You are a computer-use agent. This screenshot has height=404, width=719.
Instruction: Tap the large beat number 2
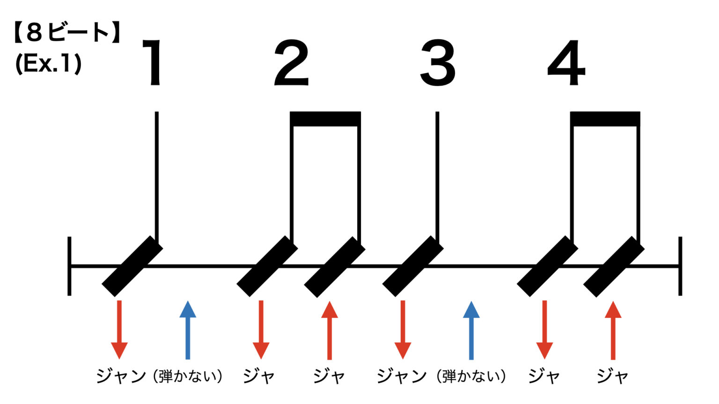click(x=292, y=63)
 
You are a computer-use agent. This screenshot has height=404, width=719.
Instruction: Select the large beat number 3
click(x=438, y=63)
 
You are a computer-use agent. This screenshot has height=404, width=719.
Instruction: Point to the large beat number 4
click(x=566, y=63)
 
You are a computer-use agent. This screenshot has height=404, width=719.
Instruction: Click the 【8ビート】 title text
click(x=67, y=32)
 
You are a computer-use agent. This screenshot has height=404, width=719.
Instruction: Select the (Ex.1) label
click(x=48, y=64)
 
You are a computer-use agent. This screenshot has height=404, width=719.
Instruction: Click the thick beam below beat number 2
click(x=325, y=119)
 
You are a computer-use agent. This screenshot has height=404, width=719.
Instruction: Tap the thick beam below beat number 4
click(x=605, y=119)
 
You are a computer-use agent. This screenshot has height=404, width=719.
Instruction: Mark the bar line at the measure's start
click(x=69, y=266)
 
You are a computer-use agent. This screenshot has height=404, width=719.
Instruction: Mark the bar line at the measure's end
click(x=680, y=266)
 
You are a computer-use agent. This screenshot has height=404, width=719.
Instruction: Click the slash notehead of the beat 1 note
click(x=132, y=266)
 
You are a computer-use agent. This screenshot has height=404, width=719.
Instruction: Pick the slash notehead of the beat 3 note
click(x=413, y=266)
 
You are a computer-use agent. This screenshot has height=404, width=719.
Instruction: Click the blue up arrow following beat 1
click(x=188, y=330)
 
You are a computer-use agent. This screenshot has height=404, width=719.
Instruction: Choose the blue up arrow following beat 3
click(x=471, y=330)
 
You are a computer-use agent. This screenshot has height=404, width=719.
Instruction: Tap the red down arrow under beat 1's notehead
click(x=119, y=330)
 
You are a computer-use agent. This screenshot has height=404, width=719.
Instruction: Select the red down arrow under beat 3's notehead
click(x=403, y=330)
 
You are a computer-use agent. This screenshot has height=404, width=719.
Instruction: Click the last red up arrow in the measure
click(x=613, y=330)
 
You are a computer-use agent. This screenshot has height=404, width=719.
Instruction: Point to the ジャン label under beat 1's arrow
click(x=121, y=376)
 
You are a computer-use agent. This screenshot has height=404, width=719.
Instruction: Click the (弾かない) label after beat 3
click(x=471, y=376)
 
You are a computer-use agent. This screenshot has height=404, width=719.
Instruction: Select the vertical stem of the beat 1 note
click(x=157, y=176)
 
